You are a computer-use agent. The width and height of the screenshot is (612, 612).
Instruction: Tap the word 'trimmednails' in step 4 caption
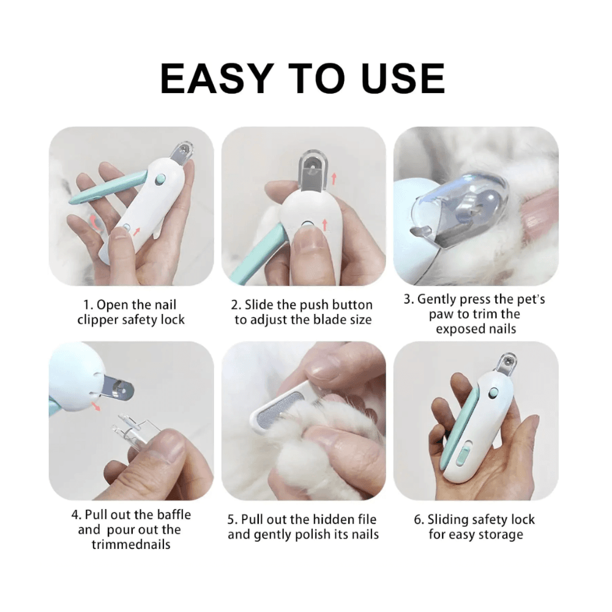point(131,544)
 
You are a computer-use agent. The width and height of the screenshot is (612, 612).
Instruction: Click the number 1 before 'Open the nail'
point(87,305)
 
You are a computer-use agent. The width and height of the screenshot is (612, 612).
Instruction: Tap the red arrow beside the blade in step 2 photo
point(334,179)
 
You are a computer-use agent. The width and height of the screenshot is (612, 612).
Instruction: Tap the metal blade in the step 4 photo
point(116,388)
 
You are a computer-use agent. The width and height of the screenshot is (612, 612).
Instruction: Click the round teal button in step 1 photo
point(160,180)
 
